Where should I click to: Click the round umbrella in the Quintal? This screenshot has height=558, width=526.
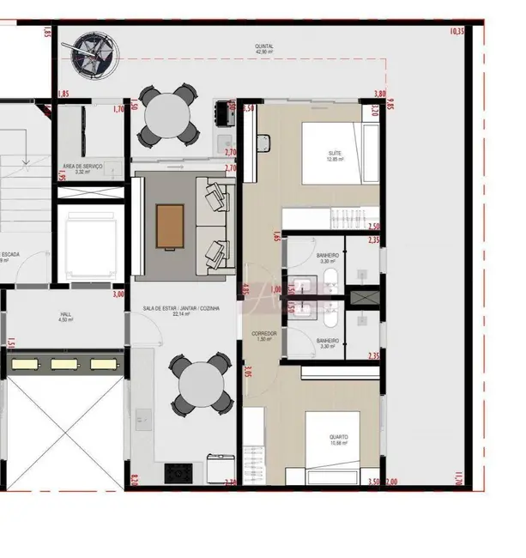pos(94,54)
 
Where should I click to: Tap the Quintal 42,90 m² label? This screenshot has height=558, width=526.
pos(264,49)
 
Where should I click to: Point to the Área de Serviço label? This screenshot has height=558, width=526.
pos(83,168)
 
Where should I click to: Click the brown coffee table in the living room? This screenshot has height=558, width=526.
pos(170,227)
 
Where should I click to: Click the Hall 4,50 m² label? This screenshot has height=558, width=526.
pos(65,317)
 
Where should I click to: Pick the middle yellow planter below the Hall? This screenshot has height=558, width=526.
pos(65,365)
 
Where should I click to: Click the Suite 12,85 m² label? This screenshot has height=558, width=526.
pos(335,156)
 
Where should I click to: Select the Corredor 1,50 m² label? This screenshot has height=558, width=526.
pos(263,336)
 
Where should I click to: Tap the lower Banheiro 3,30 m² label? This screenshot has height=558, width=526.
pos(328,343)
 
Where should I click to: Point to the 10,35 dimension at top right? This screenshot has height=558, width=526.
pos(456,32)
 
